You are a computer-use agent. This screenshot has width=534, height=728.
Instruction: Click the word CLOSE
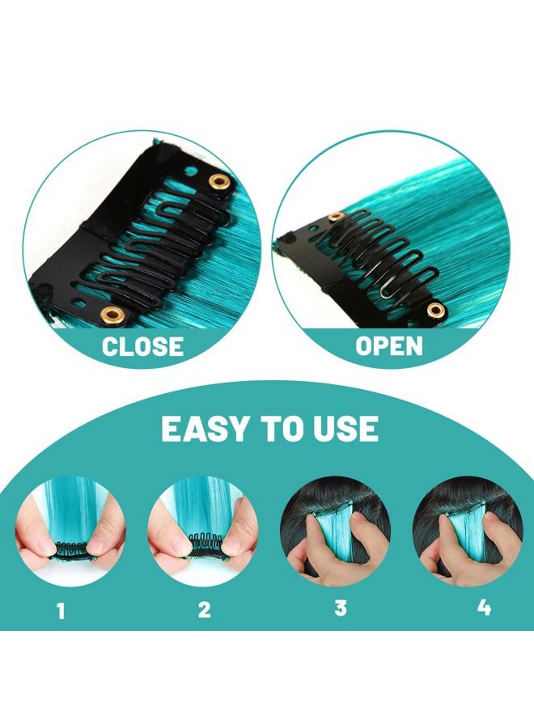pyautogui.click(x=142, y=347)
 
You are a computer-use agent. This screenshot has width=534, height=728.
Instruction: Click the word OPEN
pyautogui.click(x=389, y=347)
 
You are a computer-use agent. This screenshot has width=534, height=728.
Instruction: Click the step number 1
pyautogui.click(x=61, y=610)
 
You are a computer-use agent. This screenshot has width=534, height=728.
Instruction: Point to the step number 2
pyautogui.click(x=204, y=610)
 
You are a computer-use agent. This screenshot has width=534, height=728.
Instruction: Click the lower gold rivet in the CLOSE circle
pyautogui.click(x=112, y=313)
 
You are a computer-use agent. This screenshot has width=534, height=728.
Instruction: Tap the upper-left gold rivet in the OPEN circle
pyautogui.click(x=333, y=217)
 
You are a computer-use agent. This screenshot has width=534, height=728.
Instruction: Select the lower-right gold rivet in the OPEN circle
pyautogui.click(x=437, y=309)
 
